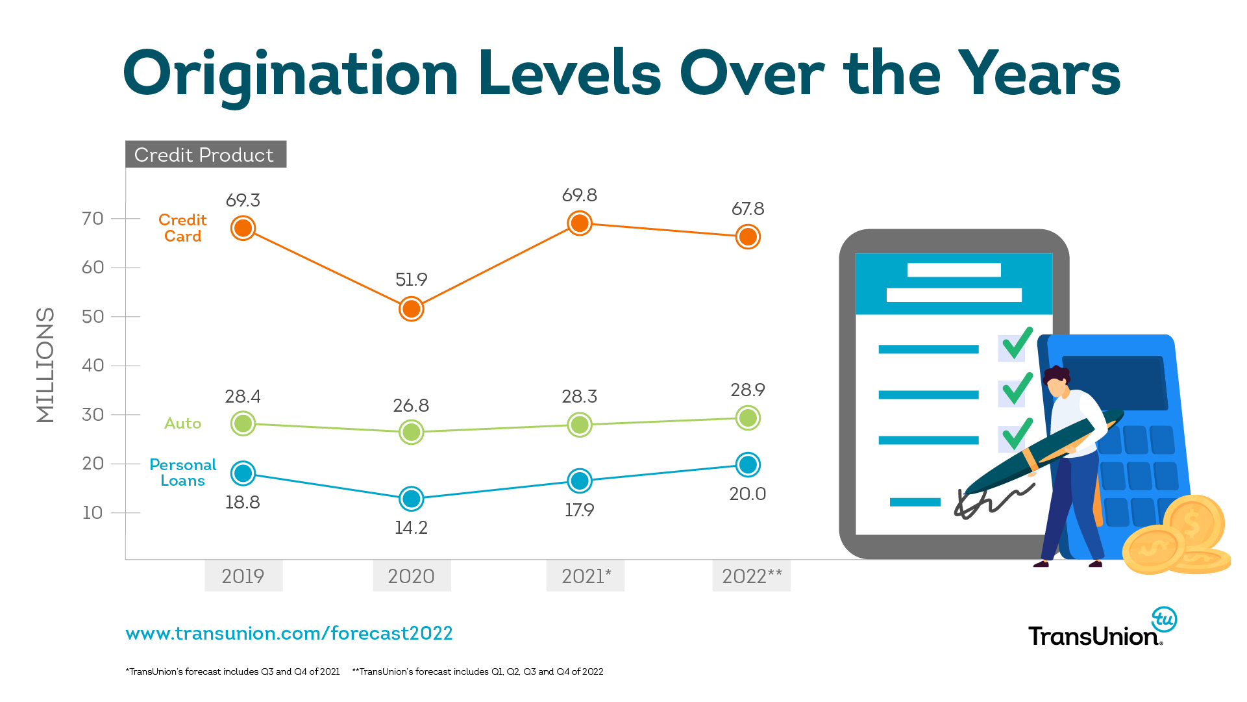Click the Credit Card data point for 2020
tap(411, 309)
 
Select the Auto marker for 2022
tap(748, 418)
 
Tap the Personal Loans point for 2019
tap(243, 473)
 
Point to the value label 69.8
tap(579, 195)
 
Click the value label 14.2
tap(411, 528)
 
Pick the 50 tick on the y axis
tap(93, 317)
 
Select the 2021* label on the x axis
tap(586, 576)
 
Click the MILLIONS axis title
tap(45, 365)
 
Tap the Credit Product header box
tap(205, 155)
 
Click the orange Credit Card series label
tap(182, 228)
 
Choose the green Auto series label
tap(182, 423)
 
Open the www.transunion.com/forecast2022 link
tap(289, 633)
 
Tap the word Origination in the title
tap(290, 75)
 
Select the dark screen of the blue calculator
tap(1114, 382)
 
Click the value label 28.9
tap(748, 390)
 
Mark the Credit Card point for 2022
tap(748, 237)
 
